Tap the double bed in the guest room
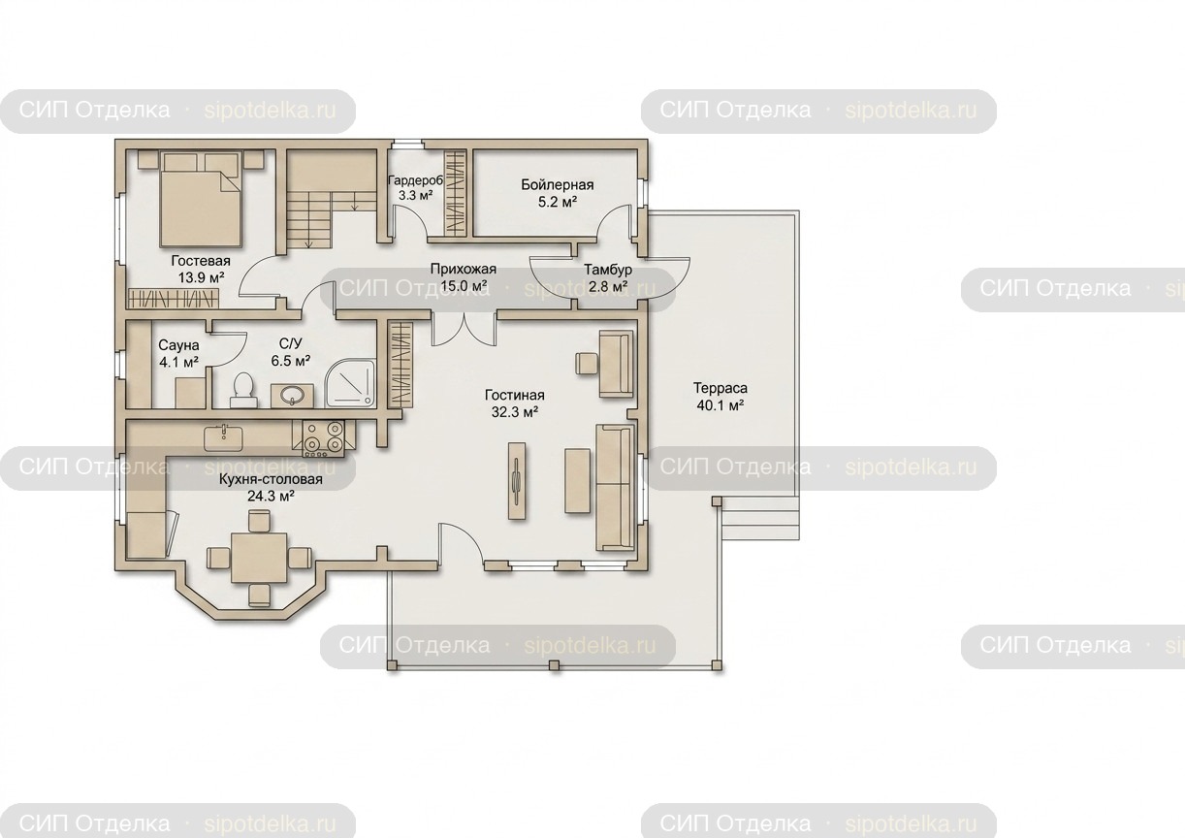[201, 199]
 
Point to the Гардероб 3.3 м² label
[415, 188]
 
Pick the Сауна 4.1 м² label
[178, 353]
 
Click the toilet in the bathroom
[243, 391]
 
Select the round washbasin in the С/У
[292, 395]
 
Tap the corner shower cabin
[351, 384]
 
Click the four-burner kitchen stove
[323, 438]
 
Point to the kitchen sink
[224, 438]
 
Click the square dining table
[259, 558]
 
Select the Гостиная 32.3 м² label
[515, 403]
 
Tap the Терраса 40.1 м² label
[720, 397]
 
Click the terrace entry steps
[759, 519]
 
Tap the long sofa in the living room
[615, 487]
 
